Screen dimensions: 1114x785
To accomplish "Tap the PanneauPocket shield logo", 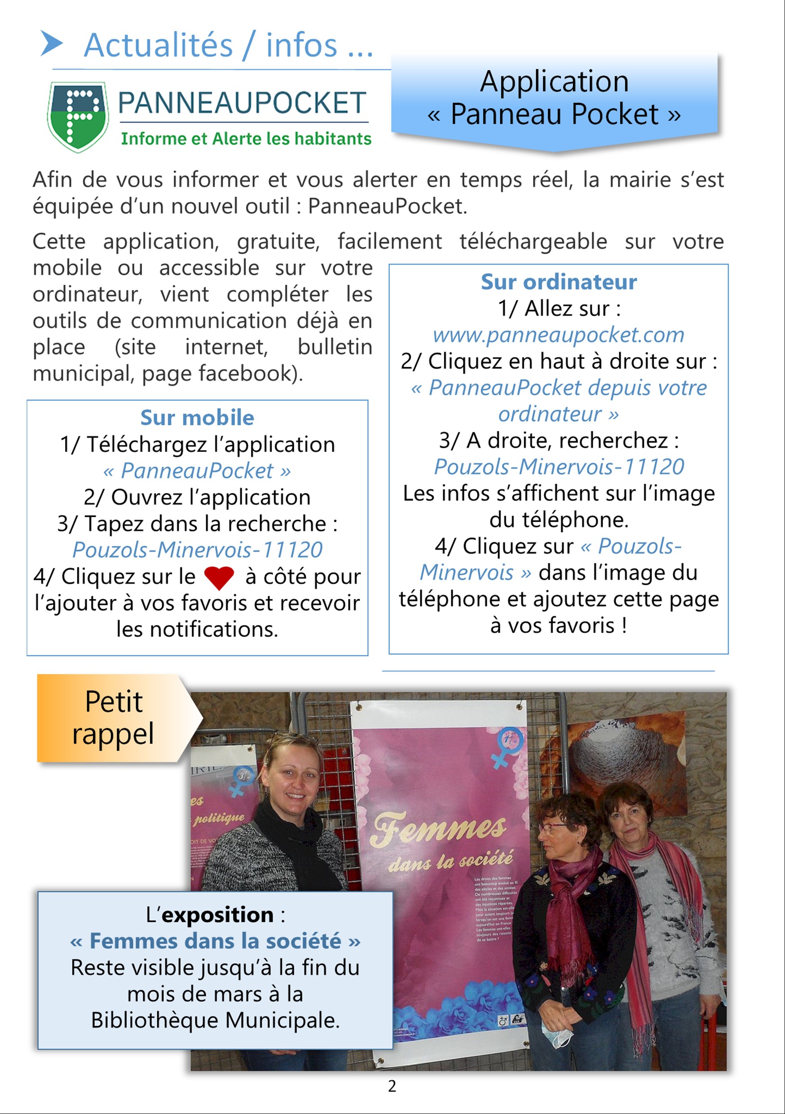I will [78, 116].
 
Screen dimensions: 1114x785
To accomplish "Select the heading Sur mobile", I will [197, 418].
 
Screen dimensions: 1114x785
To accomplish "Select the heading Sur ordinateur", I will [558, 282].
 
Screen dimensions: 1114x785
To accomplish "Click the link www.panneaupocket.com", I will [558, 335].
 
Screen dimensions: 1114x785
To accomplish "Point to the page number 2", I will [392, 1086].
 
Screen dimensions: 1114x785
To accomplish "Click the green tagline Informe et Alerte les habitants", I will [246, 139].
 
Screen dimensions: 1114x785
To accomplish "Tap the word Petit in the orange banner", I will [114, 702].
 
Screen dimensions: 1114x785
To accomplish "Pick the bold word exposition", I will [217, 915].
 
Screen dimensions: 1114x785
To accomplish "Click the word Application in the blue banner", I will [554, 81].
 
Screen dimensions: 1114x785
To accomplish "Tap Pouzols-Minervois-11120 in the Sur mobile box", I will [197, 550].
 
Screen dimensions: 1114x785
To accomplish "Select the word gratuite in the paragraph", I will [278, 241].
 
